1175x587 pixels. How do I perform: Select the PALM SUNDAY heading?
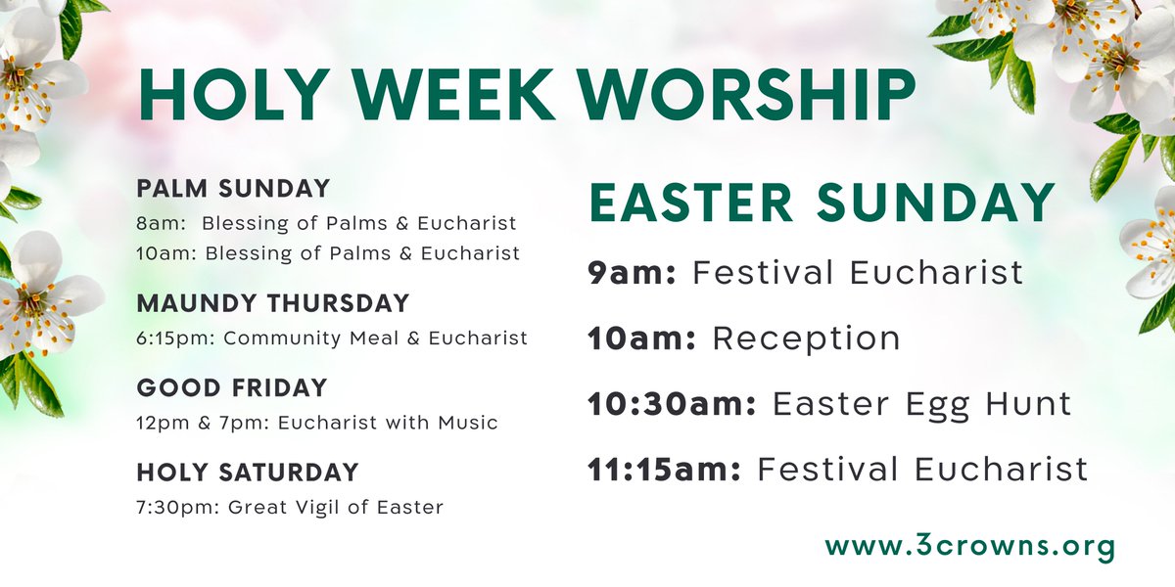click(233, 188)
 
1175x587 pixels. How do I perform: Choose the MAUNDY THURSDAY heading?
click(272, 303)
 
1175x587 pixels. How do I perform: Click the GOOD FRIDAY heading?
click(232, 387)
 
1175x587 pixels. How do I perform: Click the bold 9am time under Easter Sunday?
click(633, 272)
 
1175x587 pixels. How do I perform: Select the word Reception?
click(806, 339)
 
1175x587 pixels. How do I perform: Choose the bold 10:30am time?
click(672, 403)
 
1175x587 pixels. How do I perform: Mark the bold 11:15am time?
click(665, 469)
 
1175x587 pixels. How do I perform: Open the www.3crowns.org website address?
click(969, 545)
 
